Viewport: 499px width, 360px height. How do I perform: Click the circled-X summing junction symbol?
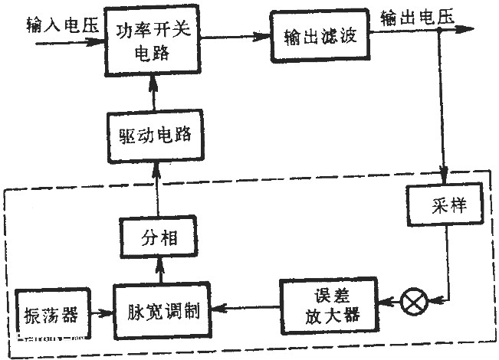click(414, 303)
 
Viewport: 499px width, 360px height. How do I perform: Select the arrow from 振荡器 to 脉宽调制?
click(100, 312)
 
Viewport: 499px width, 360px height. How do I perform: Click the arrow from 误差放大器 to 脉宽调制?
click(245, 309)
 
